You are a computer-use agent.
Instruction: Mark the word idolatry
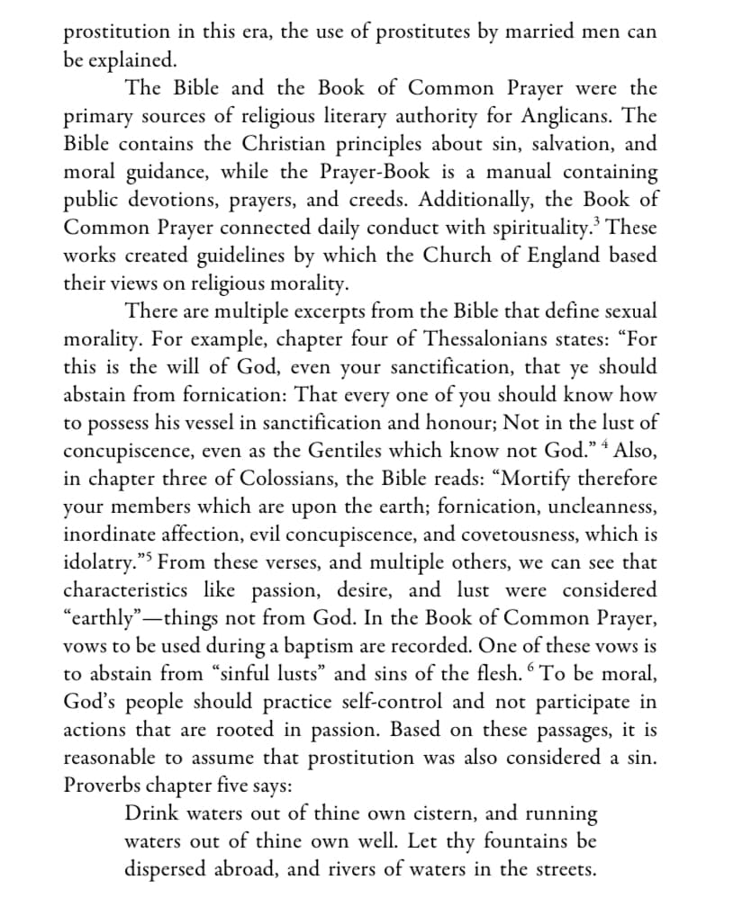point(100,562)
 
